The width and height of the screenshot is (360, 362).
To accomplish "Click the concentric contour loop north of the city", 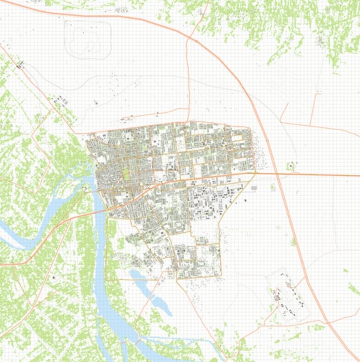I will pos(88,39).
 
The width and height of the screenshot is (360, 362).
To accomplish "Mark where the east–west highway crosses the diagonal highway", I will pos(277,174).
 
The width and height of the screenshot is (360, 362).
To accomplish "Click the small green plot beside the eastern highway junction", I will pos(292,165).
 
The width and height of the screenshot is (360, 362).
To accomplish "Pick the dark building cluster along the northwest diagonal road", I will pos(60,100).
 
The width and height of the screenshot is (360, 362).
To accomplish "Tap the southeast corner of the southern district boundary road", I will pos(221,275).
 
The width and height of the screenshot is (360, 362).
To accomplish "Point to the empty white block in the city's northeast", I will pos(239,138).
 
